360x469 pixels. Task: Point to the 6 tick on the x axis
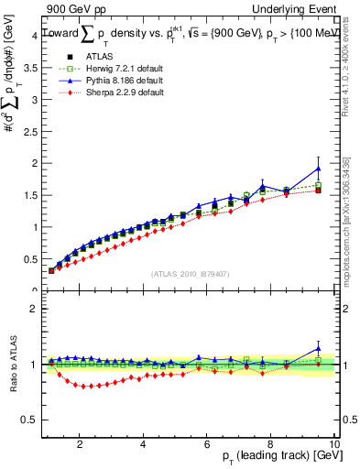(206, 444)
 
